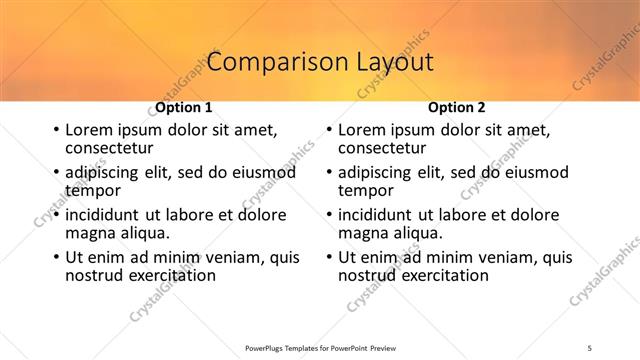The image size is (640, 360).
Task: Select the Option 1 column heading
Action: point(183,107)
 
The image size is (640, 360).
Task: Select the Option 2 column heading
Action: point(456,107)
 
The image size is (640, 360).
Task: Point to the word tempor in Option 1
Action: point(93,190)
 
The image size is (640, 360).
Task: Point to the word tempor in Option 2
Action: point(366,190)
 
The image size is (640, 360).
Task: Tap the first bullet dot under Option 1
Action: point(55,130)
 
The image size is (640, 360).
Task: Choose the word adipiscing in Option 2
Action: point(379,172)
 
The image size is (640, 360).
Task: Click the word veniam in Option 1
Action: point(238,257)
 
